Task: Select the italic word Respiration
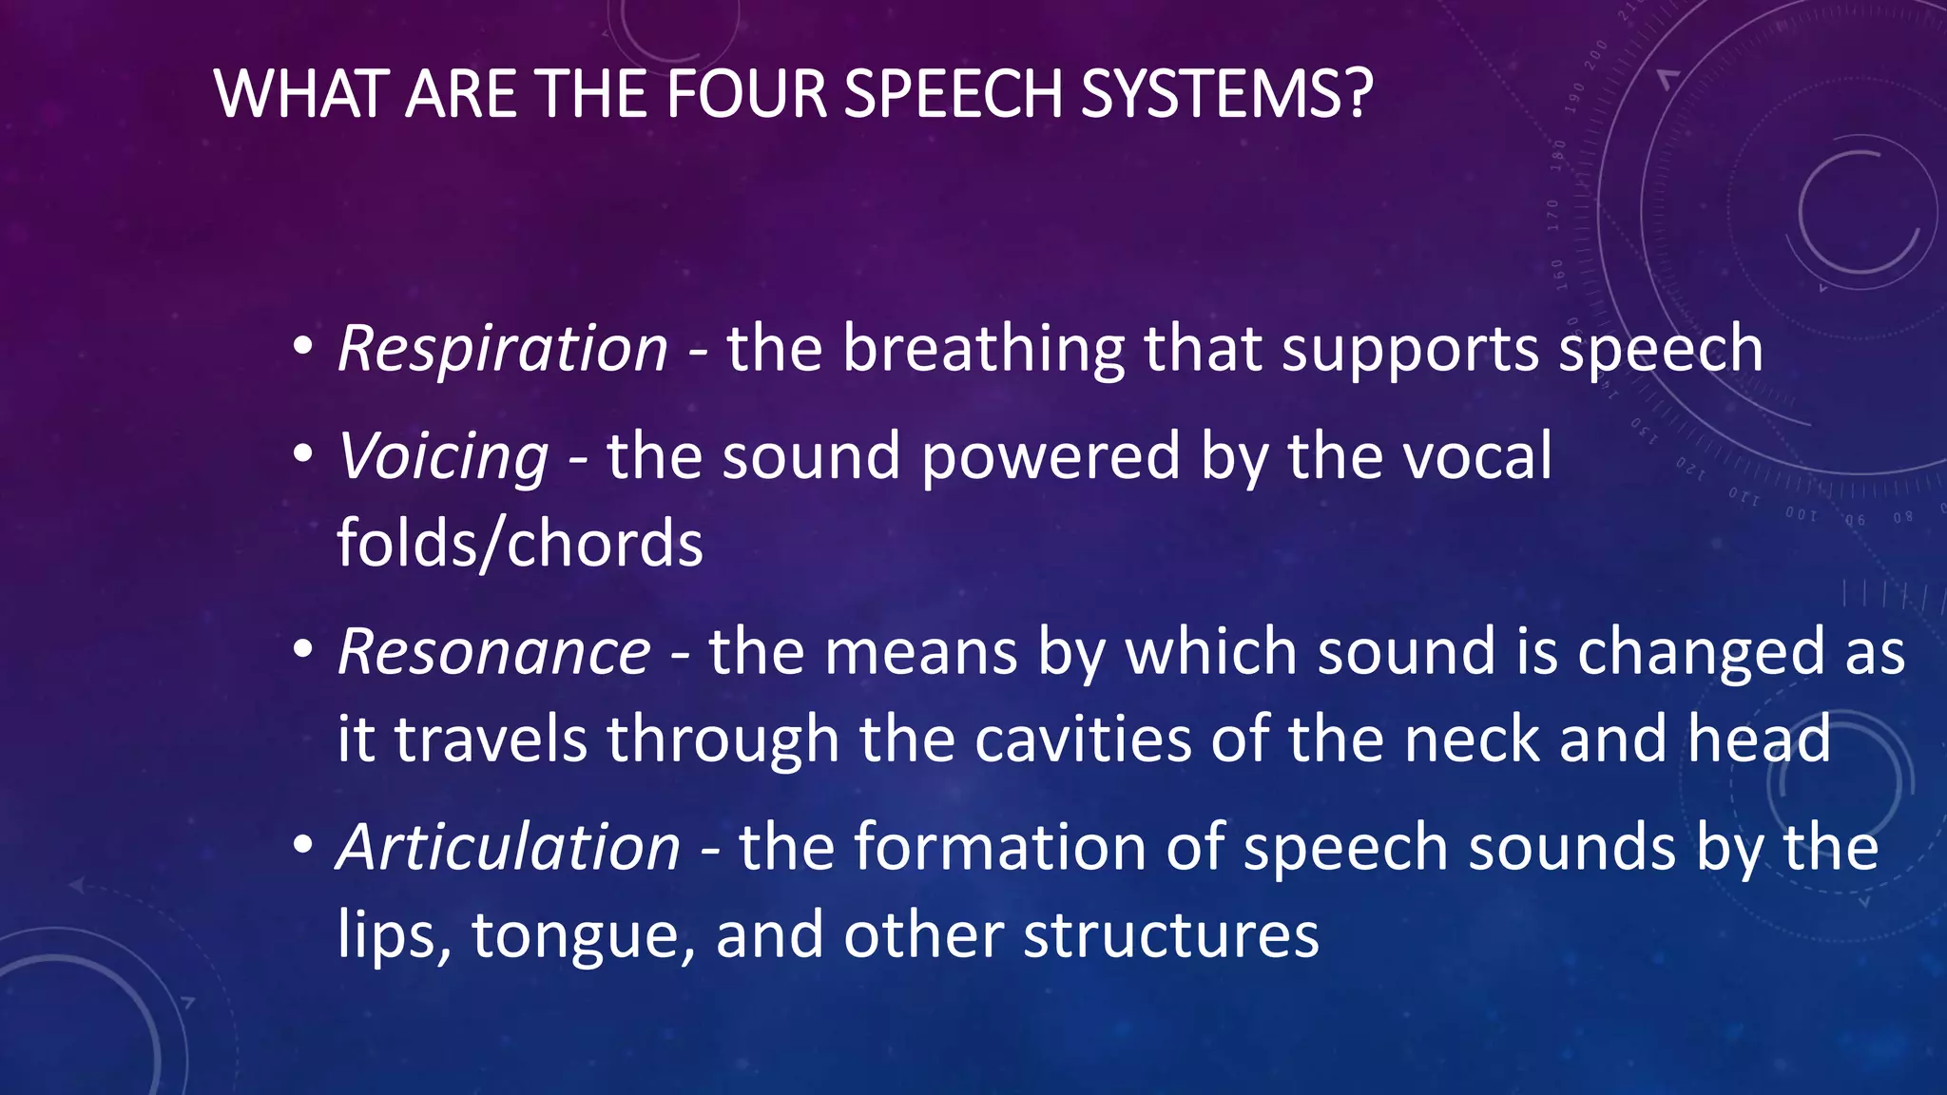coord(503,348)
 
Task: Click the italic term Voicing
coord(443,456)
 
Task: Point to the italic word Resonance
coord(494,652)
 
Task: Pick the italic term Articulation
coord(510,847)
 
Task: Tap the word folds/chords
coord(520,544)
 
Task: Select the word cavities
coord(1082,740)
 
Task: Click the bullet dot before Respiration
coord(302,348)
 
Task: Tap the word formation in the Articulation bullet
coord(1000,847)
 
